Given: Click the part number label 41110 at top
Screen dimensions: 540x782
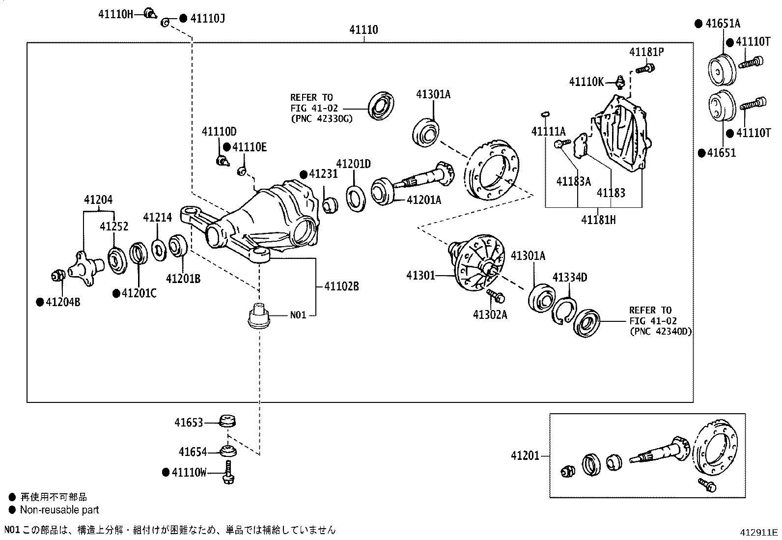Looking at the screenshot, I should tap(363, 30).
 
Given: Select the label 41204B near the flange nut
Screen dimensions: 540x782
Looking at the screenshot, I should tap(63, 302).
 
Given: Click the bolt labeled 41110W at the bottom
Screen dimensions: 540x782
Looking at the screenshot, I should tap(229, 472).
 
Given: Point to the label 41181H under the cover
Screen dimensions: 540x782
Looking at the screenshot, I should tap(598, 220).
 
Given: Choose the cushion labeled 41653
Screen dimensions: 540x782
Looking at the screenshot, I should tap(227, 422).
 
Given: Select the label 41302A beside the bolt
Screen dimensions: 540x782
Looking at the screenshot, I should tap(490, 314).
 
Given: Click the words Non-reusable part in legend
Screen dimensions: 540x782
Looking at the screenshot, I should tap(59, 510).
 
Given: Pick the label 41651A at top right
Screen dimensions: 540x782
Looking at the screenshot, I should tap(723, 23).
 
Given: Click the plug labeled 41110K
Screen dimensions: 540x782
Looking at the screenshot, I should tap(620, 81).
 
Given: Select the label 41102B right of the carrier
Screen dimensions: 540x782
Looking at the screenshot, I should tap(341, 286).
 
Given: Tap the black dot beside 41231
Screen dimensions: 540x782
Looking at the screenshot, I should tap(304, 174).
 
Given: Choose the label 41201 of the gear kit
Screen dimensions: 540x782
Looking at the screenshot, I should tap(525, 456).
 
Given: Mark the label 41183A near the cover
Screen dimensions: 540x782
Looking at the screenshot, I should tap(573, 181).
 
